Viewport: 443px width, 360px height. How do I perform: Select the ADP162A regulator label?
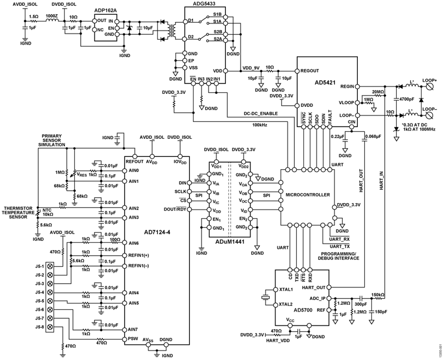pyautogui.click(x=106, y=10)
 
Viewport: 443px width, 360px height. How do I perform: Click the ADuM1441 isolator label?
pyautogui.click(x=229, y=240)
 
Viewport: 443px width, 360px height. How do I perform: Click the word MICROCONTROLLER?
pyautogui.click(x=308, y=195)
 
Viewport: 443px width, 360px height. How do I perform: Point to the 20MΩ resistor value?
pyautogui.click(x=379, y=92)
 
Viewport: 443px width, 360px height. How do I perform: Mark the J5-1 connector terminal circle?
pyautogui.click(x=49, y=266)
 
